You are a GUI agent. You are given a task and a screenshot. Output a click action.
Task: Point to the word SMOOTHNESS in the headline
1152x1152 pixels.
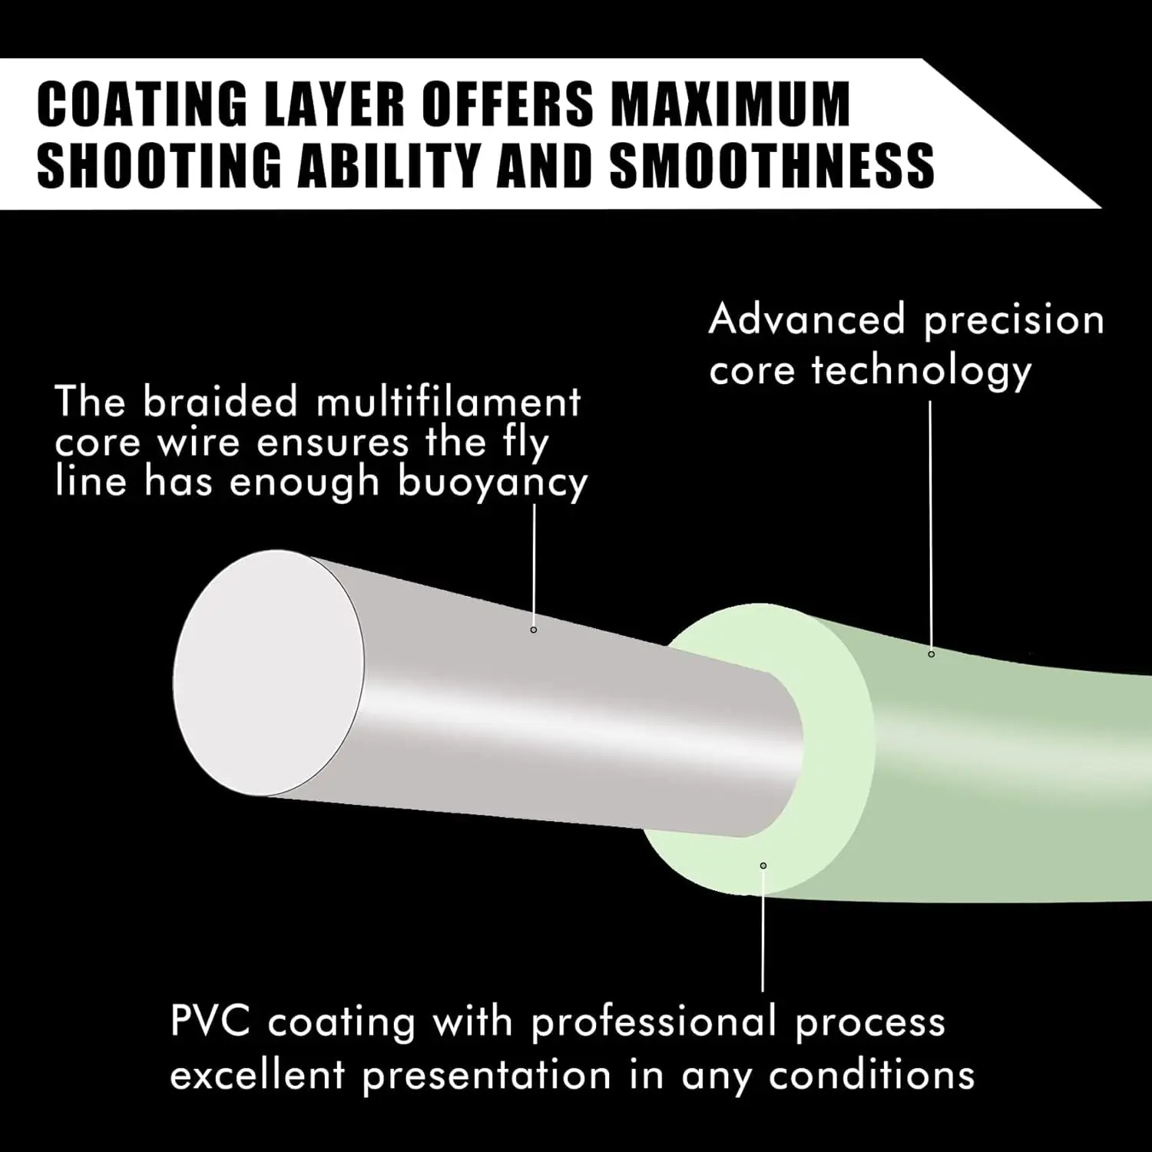[772, 164]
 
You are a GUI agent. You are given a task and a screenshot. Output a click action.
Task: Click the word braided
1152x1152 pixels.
[220, 402]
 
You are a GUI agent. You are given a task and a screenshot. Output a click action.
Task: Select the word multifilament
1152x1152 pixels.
[449, 402]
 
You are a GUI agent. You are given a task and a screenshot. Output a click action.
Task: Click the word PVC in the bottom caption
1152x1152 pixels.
[210, 1021]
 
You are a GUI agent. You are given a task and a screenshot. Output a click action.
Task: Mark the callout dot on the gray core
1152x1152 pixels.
[534, 630]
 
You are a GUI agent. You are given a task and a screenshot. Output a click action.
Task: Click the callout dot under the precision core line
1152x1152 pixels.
[932, 654]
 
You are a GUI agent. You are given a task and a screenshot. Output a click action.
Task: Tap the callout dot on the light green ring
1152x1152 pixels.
[763, 866]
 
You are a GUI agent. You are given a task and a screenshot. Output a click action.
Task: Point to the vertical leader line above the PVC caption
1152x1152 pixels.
[763, 930]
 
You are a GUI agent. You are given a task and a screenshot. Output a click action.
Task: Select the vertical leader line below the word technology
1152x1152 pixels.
[931, 525]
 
